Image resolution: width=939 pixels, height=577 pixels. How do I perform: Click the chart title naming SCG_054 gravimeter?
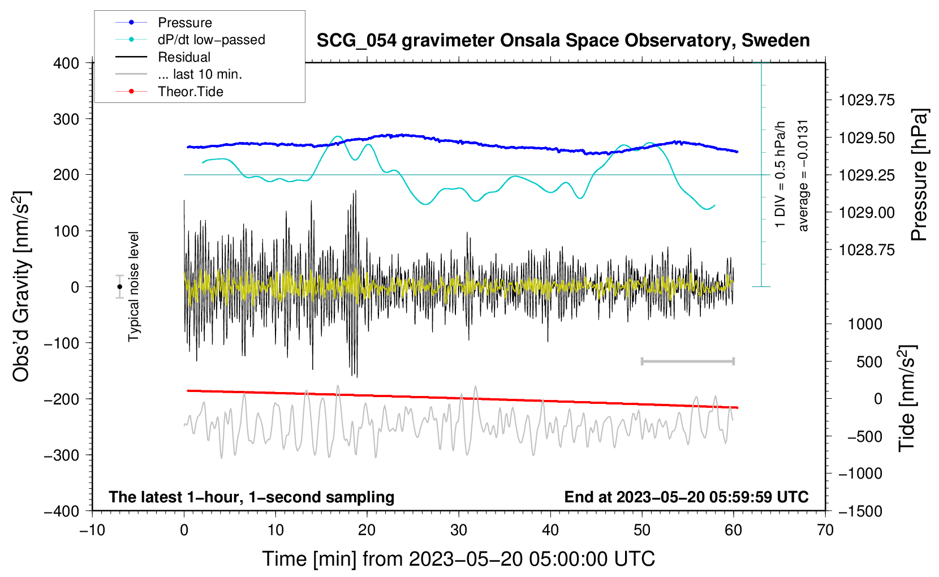tap(563, 41)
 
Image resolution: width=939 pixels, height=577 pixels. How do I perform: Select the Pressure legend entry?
tap(163, 22)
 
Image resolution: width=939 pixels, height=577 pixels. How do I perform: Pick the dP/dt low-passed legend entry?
tap(190, 40)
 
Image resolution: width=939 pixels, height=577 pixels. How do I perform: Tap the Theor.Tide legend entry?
tap(169, 92)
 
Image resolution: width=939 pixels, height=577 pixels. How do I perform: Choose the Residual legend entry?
tap(163, 57)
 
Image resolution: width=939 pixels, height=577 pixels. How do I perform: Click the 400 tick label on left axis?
tap(66, 63)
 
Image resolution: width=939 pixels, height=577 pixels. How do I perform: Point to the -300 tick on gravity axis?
tap(62, 455)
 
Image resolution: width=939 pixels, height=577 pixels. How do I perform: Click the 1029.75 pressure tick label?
tap(867, 100)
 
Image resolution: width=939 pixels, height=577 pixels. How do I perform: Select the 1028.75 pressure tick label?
tap(867, 250)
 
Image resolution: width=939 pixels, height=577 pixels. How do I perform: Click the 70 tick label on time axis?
tap(825, 530)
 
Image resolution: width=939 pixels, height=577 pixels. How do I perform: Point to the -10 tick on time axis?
tap(92, 530)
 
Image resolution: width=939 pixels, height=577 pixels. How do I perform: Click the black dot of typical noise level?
tap(119, 287)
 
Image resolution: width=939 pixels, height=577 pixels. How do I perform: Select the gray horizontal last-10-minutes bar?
tap(687, 361)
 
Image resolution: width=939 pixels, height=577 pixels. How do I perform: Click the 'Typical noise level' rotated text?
tap(133, 287)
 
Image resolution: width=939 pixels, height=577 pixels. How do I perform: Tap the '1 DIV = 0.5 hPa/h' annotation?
tap(779, 174)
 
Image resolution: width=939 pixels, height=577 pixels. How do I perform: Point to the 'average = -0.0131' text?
tap(803, 175)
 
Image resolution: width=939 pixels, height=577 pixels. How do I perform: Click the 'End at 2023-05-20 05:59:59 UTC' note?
tap(686, 497)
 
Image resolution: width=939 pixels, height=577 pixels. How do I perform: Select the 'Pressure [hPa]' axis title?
tap(919, 175)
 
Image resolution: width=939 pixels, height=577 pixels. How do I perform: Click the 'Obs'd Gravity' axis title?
tap(21, 287)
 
